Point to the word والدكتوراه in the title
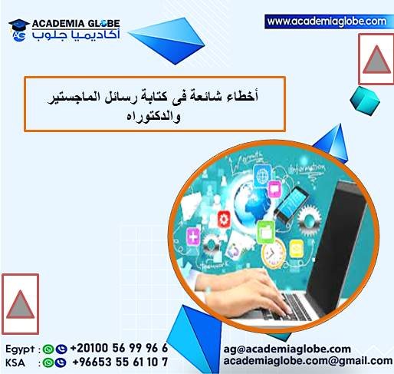(154, 116)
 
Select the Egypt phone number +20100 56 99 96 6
(118, 348)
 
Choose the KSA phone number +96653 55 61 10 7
(118, 361)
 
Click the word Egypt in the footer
(19, 348)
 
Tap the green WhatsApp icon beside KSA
(48, 362)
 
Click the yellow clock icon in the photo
(268, 253)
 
